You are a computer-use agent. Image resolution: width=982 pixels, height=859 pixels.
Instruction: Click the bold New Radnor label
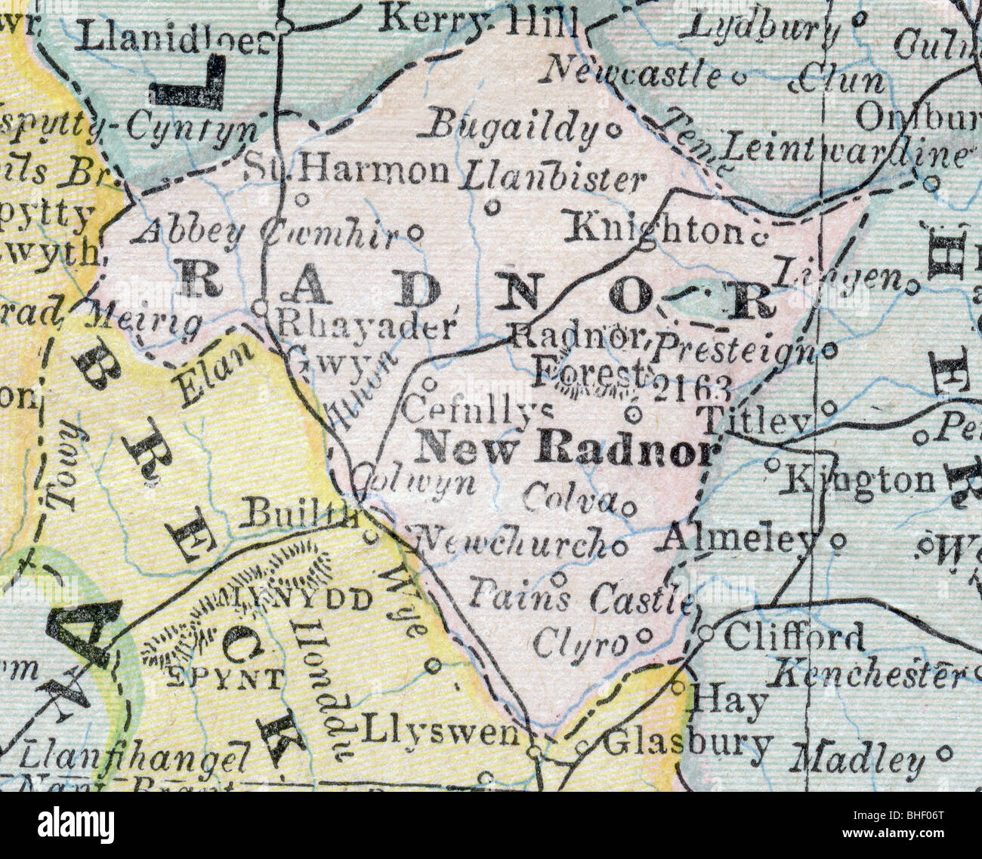(566, 450)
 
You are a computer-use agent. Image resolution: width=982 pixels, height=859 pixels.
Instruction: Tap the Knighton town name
(654, 228)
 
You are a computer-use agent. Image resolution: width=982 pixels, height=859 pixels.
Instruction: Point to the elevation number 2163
(691, 388)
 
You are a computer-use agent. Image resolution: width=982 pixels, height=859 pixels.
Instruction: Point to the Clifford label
(794, 636)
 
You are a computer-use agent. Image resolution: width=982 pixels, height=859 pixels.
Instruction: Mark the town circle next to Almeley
(837, 540)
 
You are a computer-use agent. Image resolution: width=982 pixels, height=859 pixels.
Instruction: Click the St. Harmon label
(348, 171)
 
